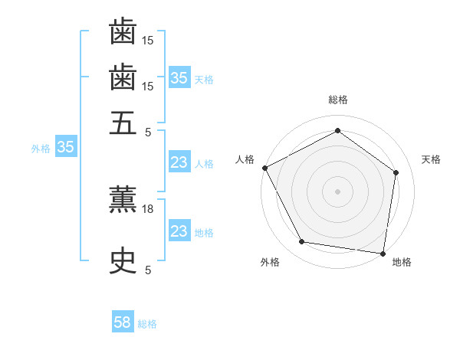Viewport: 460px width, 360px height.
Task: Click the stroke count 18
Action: click(x=149, y=209)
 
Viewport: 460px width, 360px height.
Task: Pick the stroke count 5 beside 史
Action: click(x=149, y=270)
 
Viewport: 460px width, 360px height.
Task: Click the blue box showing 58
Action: click(x=123, y=323)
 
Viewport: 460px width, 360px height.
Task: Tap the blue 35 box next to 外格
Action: click(x=65, y=148)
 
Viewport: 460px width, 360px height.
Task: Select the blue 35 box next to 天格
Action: click(x=179, y=78)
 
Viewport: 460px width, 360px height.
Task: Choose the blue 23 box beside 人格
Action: click(x=179, y=162)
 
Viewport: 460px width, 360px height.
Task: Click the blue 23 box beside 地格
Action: click(x=179, y=232)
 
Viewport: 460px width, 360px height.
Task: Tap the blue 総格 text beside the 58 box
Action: click(x=147, y=324)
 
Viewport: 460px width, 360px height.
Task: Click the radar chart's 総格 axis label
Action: click(x=338, y=100)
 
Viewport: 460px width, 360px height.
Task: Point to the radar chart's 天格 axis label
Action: click(x=432, y=159)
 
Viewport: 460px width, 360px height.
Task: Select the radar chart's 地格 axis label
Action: click(x=402, y=263)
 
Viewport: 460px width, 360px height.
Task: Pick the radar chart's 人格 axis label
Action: click(x=245, y=159)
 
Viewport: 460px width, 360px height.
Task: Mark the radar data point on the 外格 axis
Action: click(x=302, y=242)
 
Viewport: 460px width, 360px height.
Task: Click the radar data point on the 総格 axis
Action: click(x=337, y=131)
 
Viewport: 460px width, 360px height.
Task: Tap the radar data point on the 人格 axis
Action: click(x=264, y=168)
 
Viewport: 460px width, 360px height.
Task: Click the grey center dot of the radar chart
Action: click(x=337, y=191)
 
